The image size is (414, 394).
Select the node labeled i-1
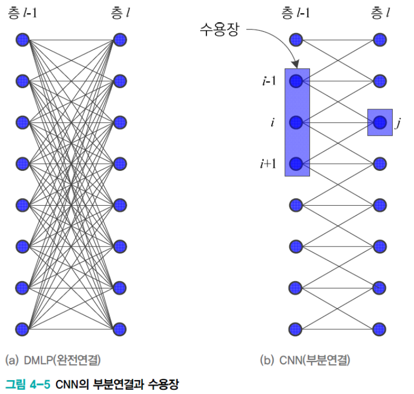click(296, 81)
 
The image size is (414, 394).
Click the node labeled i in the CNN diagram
click(296, 122)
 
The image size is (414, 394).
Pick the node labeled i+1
click(296, 163)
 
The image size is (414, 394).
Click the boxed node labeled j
click(379, 122)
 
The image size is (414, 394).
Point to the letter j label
click(398, 124)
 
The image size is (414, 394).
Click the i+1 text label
click(269, 164)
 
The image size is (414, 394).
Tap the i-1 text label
click(268, 81)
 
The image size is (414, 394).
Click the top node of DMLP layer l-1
click(22, 40)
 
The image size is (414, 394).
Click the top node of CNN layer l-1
click(296, 40)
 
